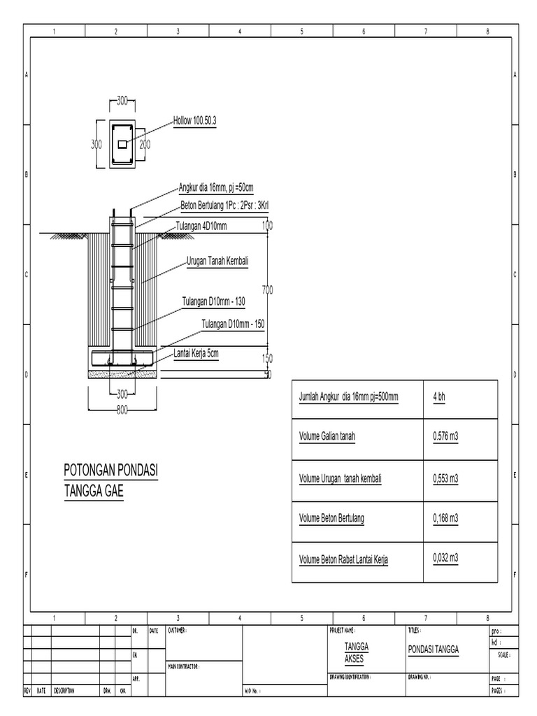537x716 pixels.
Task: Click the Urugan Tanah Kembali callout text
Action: [x=217, y=261]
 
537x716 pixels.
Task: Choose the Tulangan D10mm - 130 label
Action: [x=213, y=301]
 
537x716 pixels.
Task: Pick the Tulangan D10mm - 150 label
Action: [x=234, y=323]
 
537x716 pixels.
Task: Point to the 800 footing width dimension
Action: [x=122, y=410]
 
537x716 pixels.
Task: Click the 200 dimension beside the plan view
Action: [x=145, y=144]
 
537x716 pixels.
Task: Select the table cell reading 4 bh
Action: [x=440, y=396]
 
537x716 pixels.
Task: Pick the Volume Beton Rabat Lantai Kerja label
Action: [x=343, y=559]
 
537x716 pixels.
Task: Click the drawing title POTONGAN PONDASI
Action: [x=111, y=472]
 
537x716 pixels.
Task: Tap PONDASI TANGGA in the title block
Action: [x=433, y=649]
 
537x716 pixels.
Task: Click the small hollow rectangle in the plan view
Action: [x=122, y=144]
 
